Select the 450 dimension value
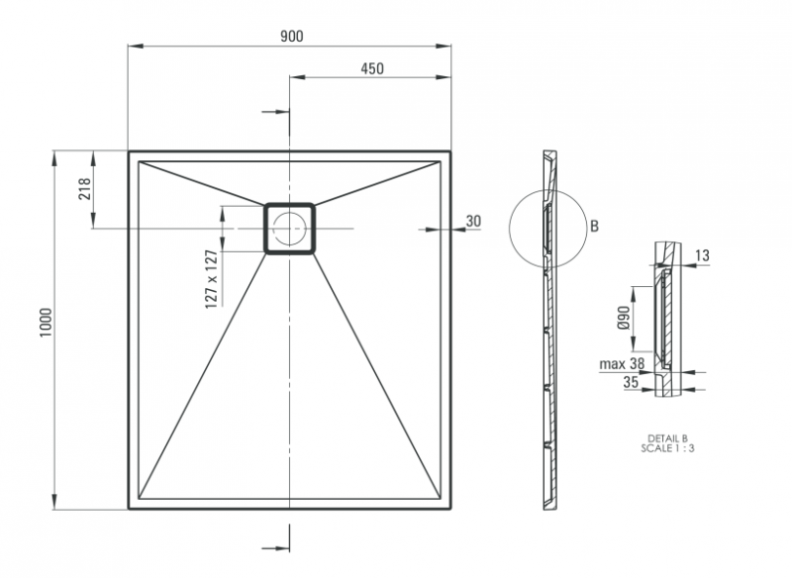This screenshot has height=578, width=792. click(x=371, y=68)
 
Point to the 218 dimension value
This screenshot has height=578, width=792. click(x=84, y=190)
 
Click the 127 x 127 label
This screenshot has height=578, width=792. click(x=211, y=280)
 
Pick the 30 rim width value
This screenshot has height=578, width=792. click(x=472, y=221)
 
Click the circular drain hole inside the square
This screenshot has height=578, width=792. click(x=289, y=229)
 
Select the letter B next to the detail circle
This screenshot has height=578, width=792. click(x=594, y=227)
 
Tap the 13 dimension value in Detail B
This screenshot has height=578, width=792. click(x=702, y=256)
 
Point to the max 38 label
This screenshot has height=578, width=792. click(x=620, y=363)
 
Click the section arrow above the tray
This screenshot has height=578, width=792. click(x=277, y=112)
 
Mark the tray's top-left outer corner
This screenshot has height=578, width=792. click(x=130, y=152)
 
